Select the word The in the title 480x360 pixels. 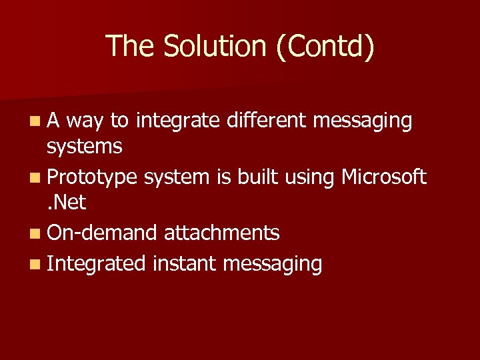[x=129, y=46]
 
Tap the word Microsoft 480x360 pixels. [x=383, y=177]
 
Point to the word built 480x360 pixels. [x=253, y=177]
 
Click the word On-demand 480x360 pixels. [x=102, y=233]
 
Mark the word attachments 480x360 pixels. [x=221, y=233]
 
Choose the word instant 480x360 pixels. [x=185, y=264]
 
